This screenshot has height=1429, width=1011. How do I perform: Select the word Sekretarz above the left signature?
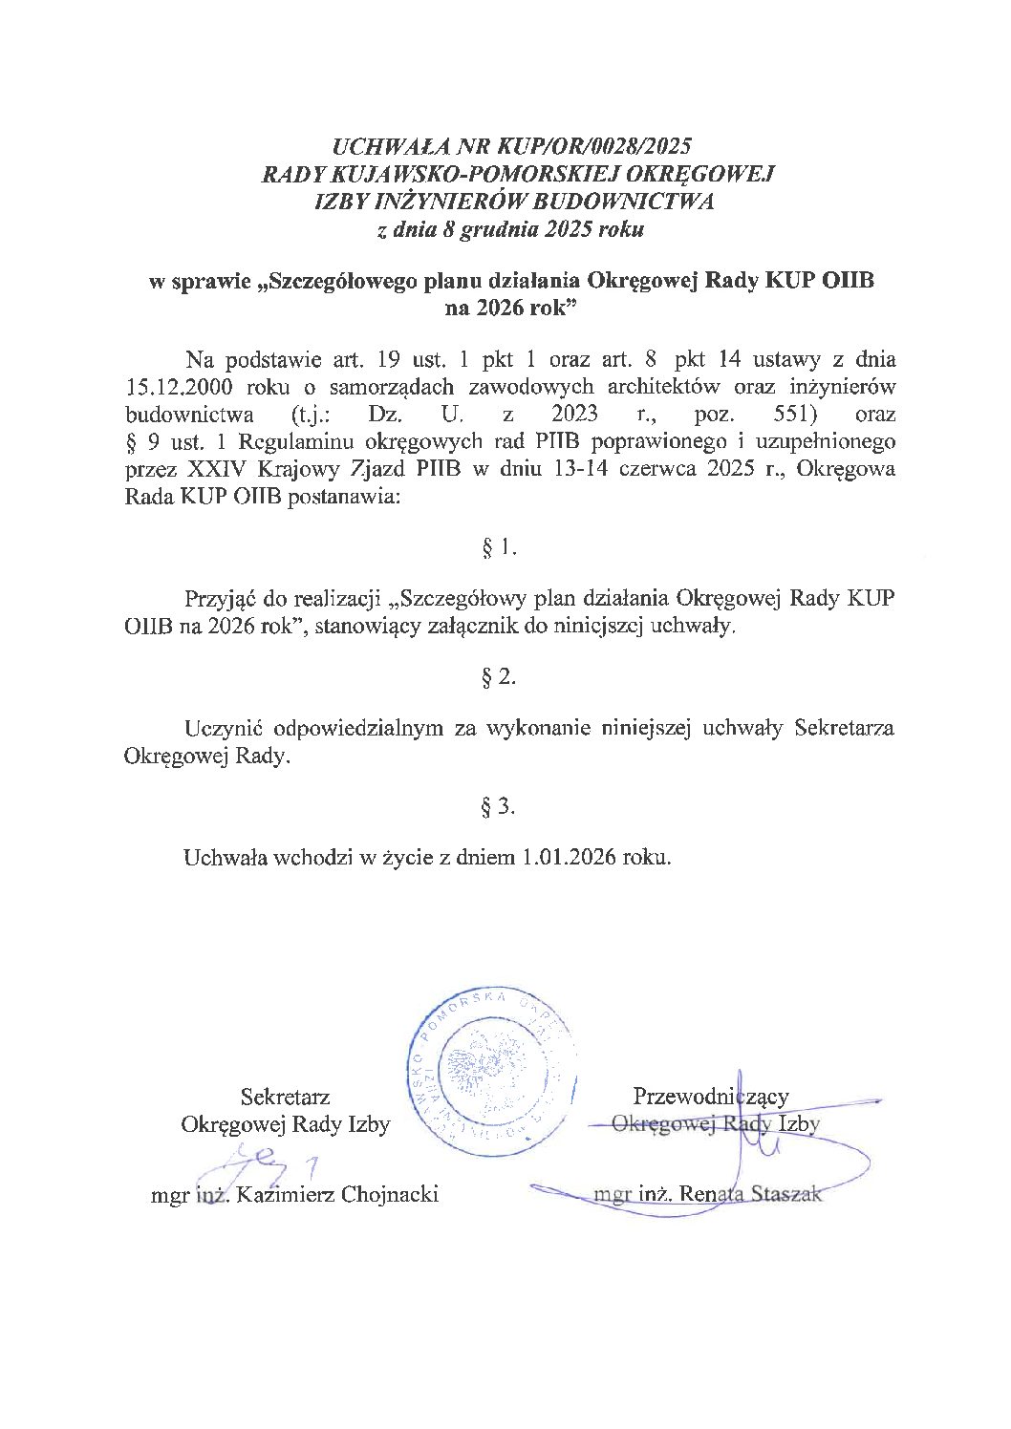click(285, 1097)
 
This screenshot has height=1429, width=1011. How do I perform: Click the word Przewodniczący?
click(711, 1097)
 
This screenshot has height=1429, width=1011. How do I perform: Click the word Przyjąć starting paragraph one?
click(222, 600)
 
